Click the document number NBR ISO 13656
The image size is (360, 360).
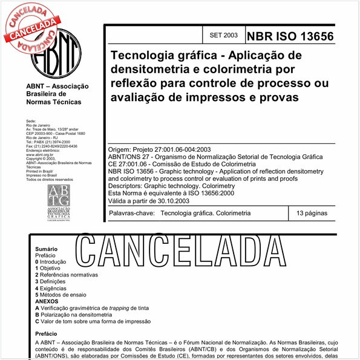[290, 36]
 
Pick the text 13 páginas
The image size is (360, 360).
[312, 214]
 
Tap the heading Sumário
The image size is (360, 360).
[47, 249]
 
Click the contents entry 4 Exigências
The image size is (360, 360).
[57, 288]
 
